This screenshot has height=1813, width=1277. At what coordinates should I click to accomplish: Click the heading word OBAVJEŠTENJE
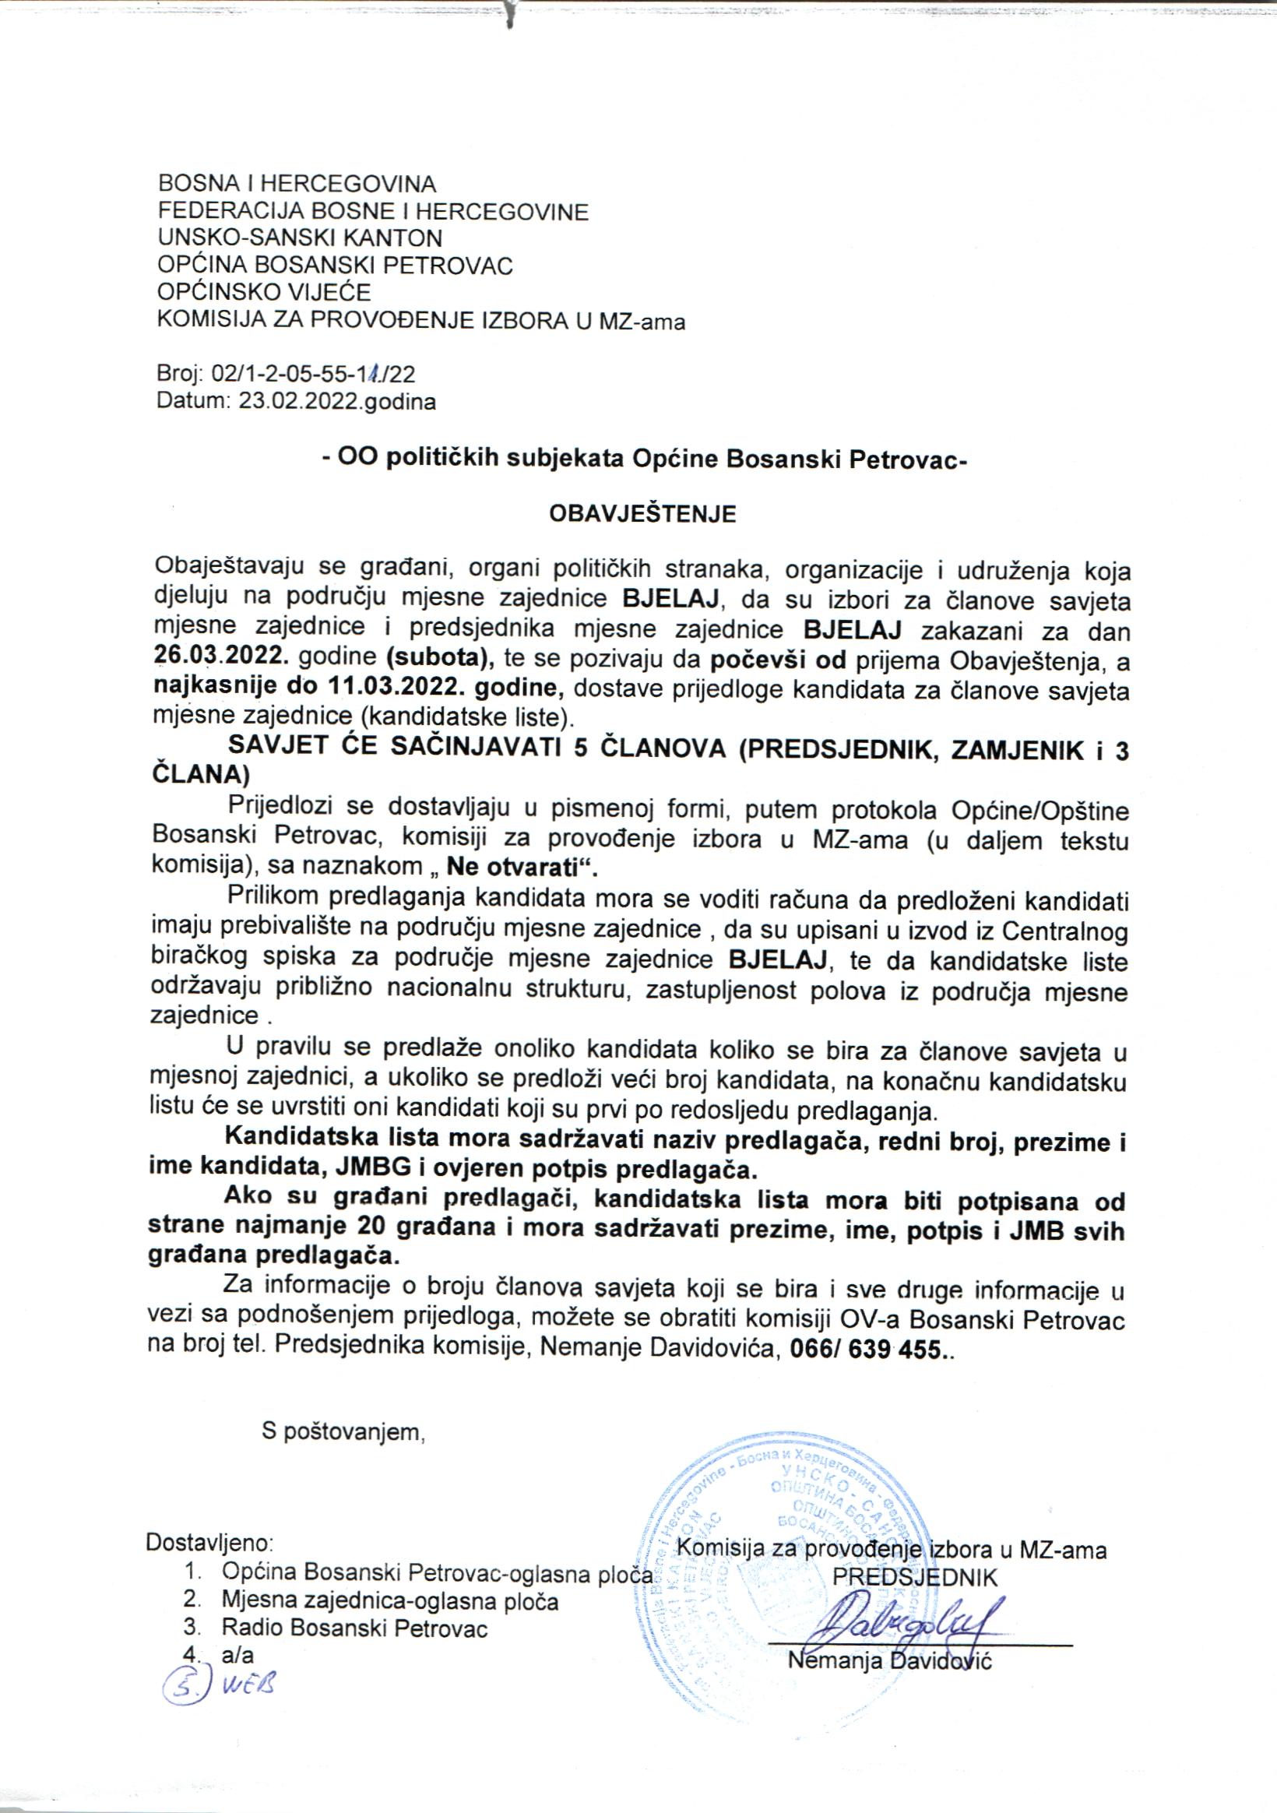[x=642, y=513]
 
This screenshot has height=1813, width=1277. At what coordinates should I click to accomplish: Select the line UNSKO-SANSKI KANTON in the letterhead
[x=300, y=238]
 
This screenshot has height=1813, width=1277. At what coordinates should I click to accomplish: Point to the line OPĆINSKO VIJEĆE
[x=264, y=292]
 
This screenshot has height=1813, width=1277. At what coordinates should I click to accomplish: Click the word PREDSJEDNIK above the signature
[x=915, y=1579]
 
